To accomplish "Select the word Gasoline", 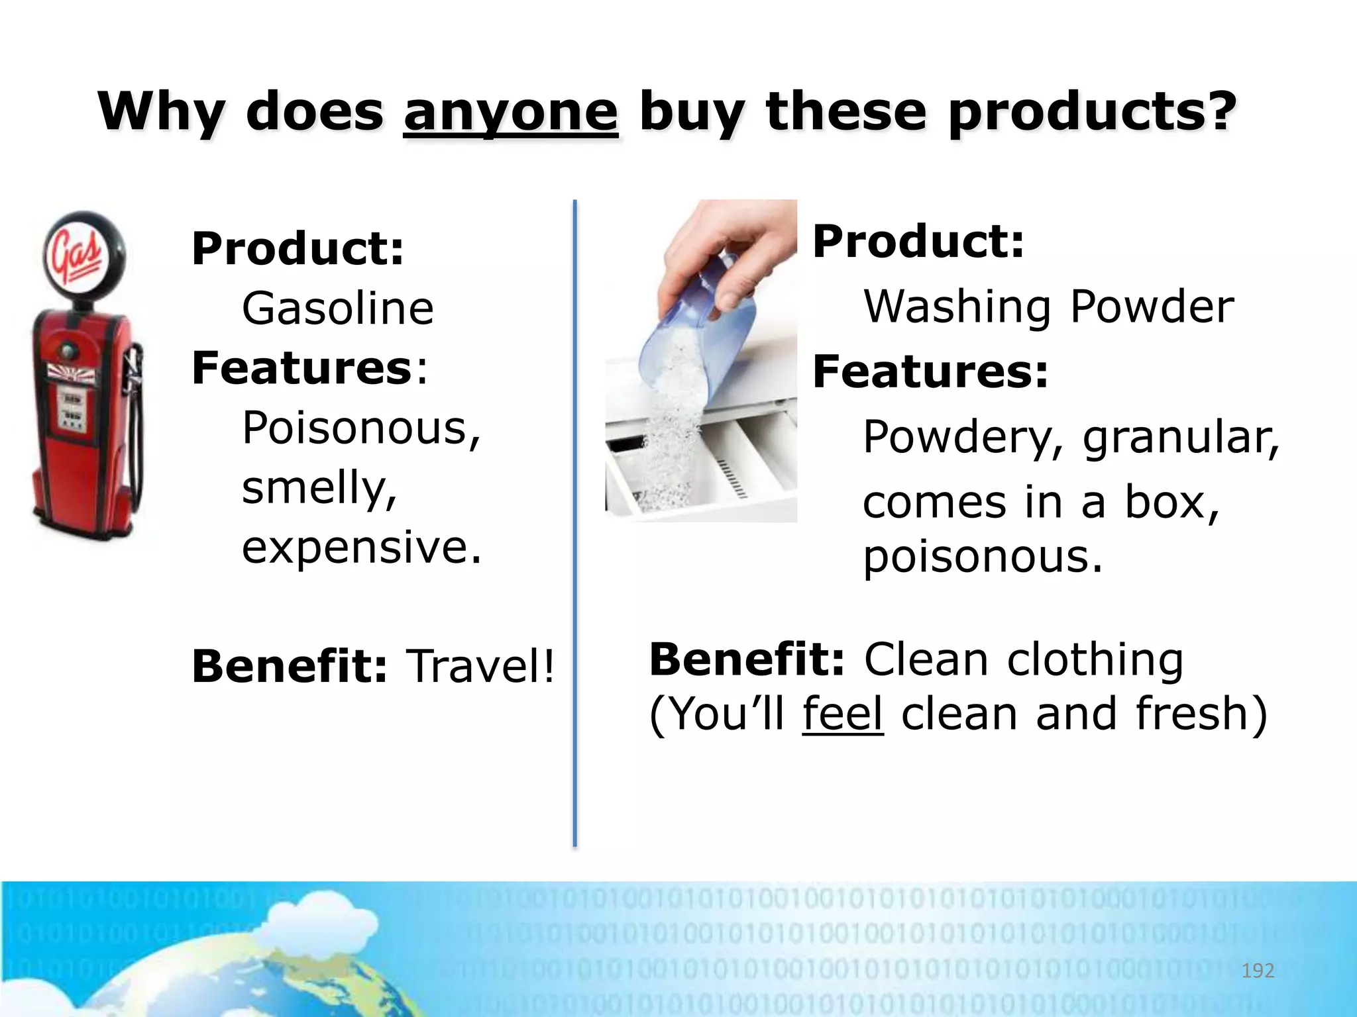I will tap(337, 309).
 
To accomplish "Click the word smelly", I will tap(318, 488).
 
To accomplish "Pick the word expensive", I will tap(361, 548).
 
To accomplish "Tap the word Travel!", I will tap(480, 666).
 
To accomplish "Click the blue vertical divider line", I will tap(574, 523).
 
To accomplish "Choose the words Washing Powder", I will tap(1048, 307).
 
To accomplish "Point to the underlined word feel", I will tap(842, 714).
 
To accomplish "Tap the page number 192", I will tap(1257, 971).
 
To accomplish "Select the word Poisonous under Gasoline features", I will tap(360, 428).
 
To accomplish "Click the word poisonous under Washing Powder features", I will tap(982, 556).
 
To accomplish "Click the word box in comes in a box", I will tap(1170, 503).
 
